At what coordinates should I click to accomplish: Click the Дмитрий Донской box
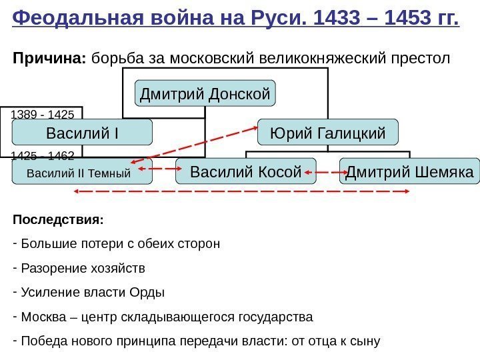coord(205,94)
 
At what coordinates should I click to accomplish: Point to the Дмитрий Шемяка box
coord(409,171)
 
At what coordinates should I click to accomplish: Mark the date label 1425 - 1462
coord(43,155)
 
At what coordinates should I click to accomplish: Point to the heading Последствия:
coord(58,219)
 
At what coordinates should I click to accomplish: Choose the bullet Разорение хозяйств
coord(83,268)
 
